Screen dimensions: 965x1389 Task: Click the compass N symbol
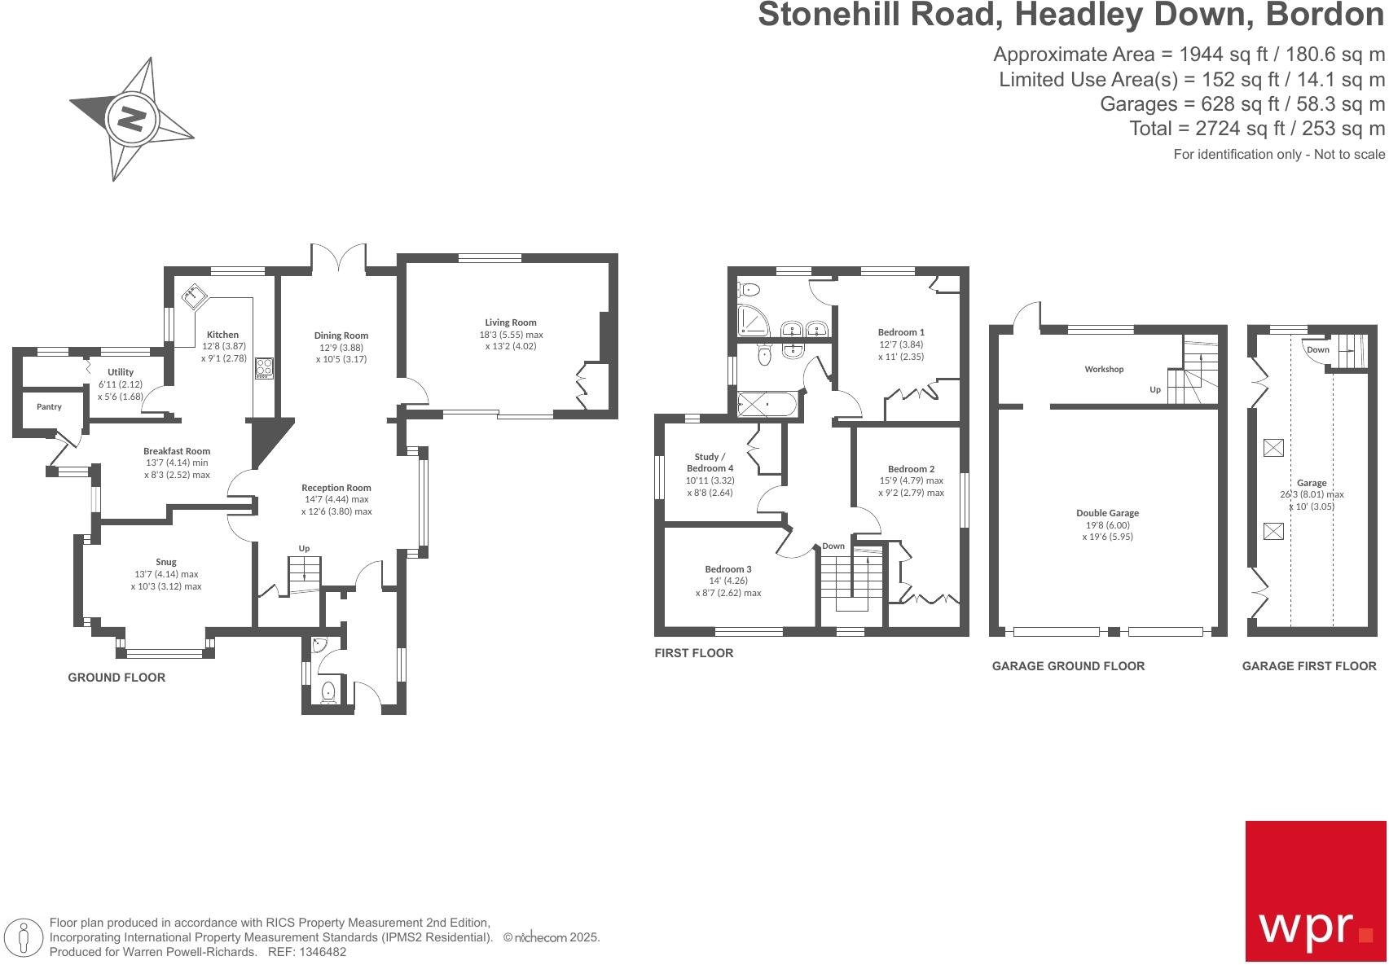coord(131,120)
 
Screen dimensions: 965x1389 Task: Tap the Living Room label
coord(511,322)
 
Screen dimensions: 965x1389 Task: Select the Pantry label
coord(49,406)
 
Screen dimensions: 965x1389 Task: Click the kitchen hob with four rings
coord(265,368)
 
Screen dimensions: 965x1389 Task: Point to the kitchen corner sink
coord(193,297)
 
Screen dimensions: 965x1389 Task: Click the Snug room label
coord(166,562)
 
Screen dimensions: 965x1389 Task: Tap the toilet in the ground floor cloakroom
coord(328,692)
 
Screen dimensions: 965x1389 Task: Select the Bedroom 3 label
coord(728,569)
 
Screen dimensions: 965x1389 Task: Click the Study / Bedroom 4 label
coord(709,463)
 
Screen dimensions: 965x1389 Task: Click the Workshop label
coord(1104,369)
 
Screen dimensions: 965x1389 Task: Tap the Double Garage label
coord(1107,513)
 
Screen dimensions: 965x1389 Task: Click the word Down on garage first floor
coord(1317,349)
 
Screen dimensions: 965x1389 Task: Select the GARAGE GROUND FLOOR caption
coord(1068,666)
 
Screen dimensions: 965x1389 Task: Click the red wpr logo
coord(1315,891)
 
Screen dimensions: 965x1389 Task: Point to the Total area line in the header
coord(1256,129)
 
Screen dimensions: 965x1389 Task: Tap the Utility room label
coord(121,372)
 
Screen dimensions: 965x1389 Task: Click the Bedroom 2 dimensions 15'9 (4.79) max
coord(911,480)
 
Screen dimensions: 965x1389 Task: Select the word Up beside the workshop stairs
coord(1154,390)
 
